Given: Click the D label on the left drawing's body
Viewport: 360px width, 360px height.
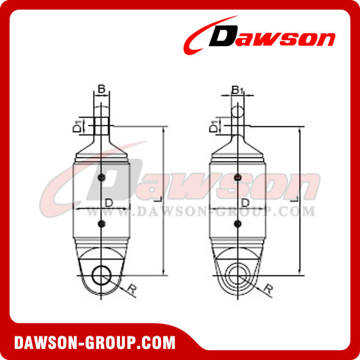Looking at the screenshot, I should pyautogui.click(x=109, y=203).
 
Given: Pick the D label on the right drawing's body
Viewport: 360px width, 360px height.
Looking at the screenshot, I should pyautogui.click(x=245, y=203).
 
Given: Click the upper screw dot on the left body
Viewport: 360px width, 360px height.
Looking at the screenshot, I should pyautogui.click(x=101, y=179).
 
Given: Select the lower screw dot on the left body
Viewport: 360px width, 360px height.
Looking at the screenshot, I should pyautogui.click(x=101, y=223).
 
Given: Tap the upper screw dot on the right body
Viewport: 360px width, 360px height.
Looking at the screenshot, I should pyautogui.click(x=237, y=178).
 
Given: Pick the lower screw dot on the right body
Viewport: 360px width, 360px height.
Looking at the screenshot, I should pyautogui.click(x=237, y=224).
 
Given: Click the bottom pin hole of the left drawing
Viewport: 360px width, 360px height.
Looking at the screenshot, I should pyautogui.click(x=101, y=276).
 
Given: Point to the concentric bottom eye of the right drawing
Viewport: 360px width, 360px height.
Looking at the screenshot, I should pyautogui.click(x=237, y=276).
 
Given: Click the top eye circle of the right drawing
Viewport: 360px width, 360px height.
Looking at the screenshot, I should pyautogui.click(x=238, y=112).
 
